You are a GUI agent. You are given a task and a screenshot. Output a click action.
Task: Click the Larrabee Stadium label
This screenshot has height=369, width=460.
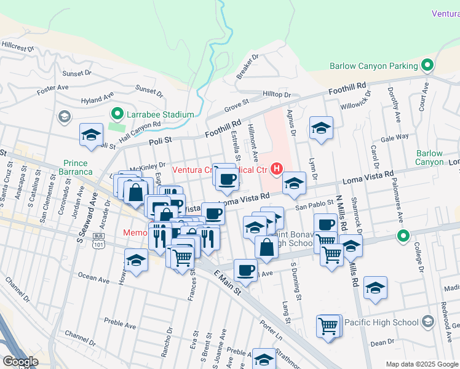tap(161, 114)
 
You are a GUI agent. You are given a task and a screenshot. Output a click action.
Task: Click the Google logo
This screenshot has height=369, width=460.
tap(20, 362)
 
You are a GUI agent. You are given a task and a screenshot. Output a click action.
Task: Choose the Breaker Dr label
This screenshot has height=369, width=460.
tap(248, 66)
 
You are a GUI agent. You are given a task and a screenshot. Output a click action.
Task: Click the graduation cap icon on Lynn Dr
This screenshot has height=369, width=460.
tap(321, 128)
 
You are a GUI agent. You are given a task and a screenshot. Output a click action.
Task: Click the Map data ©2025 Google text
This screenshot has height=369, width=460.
tap(421, 364)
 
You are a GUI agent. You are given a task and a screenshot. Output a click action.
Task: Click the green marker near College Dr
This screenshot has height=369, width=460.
tap(403, 236)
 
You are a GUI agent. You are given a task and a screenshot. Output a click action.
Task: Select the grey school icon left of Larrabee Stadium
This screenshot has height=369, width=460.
tap(64, 117)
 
